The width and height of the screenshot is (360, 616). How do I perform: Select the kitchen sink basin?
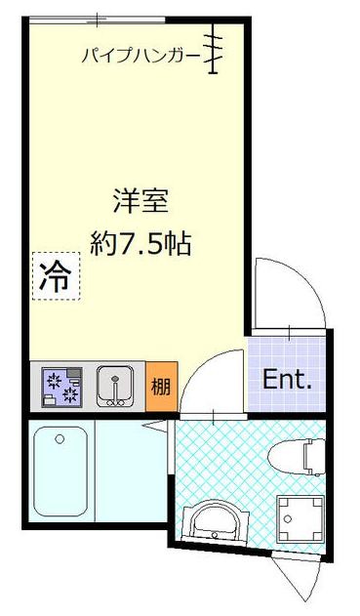coord(118,387)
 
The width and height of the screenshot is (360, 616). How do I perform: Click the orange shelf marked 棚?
coord(160,387)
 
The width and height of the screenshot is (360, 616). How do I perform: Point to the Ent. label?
coord(287,379)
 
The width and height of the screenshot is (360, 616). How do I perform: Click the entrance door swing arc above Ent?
coord(290,293)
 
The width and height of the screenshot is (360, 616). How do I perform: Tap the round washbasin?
coord(212,522)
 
